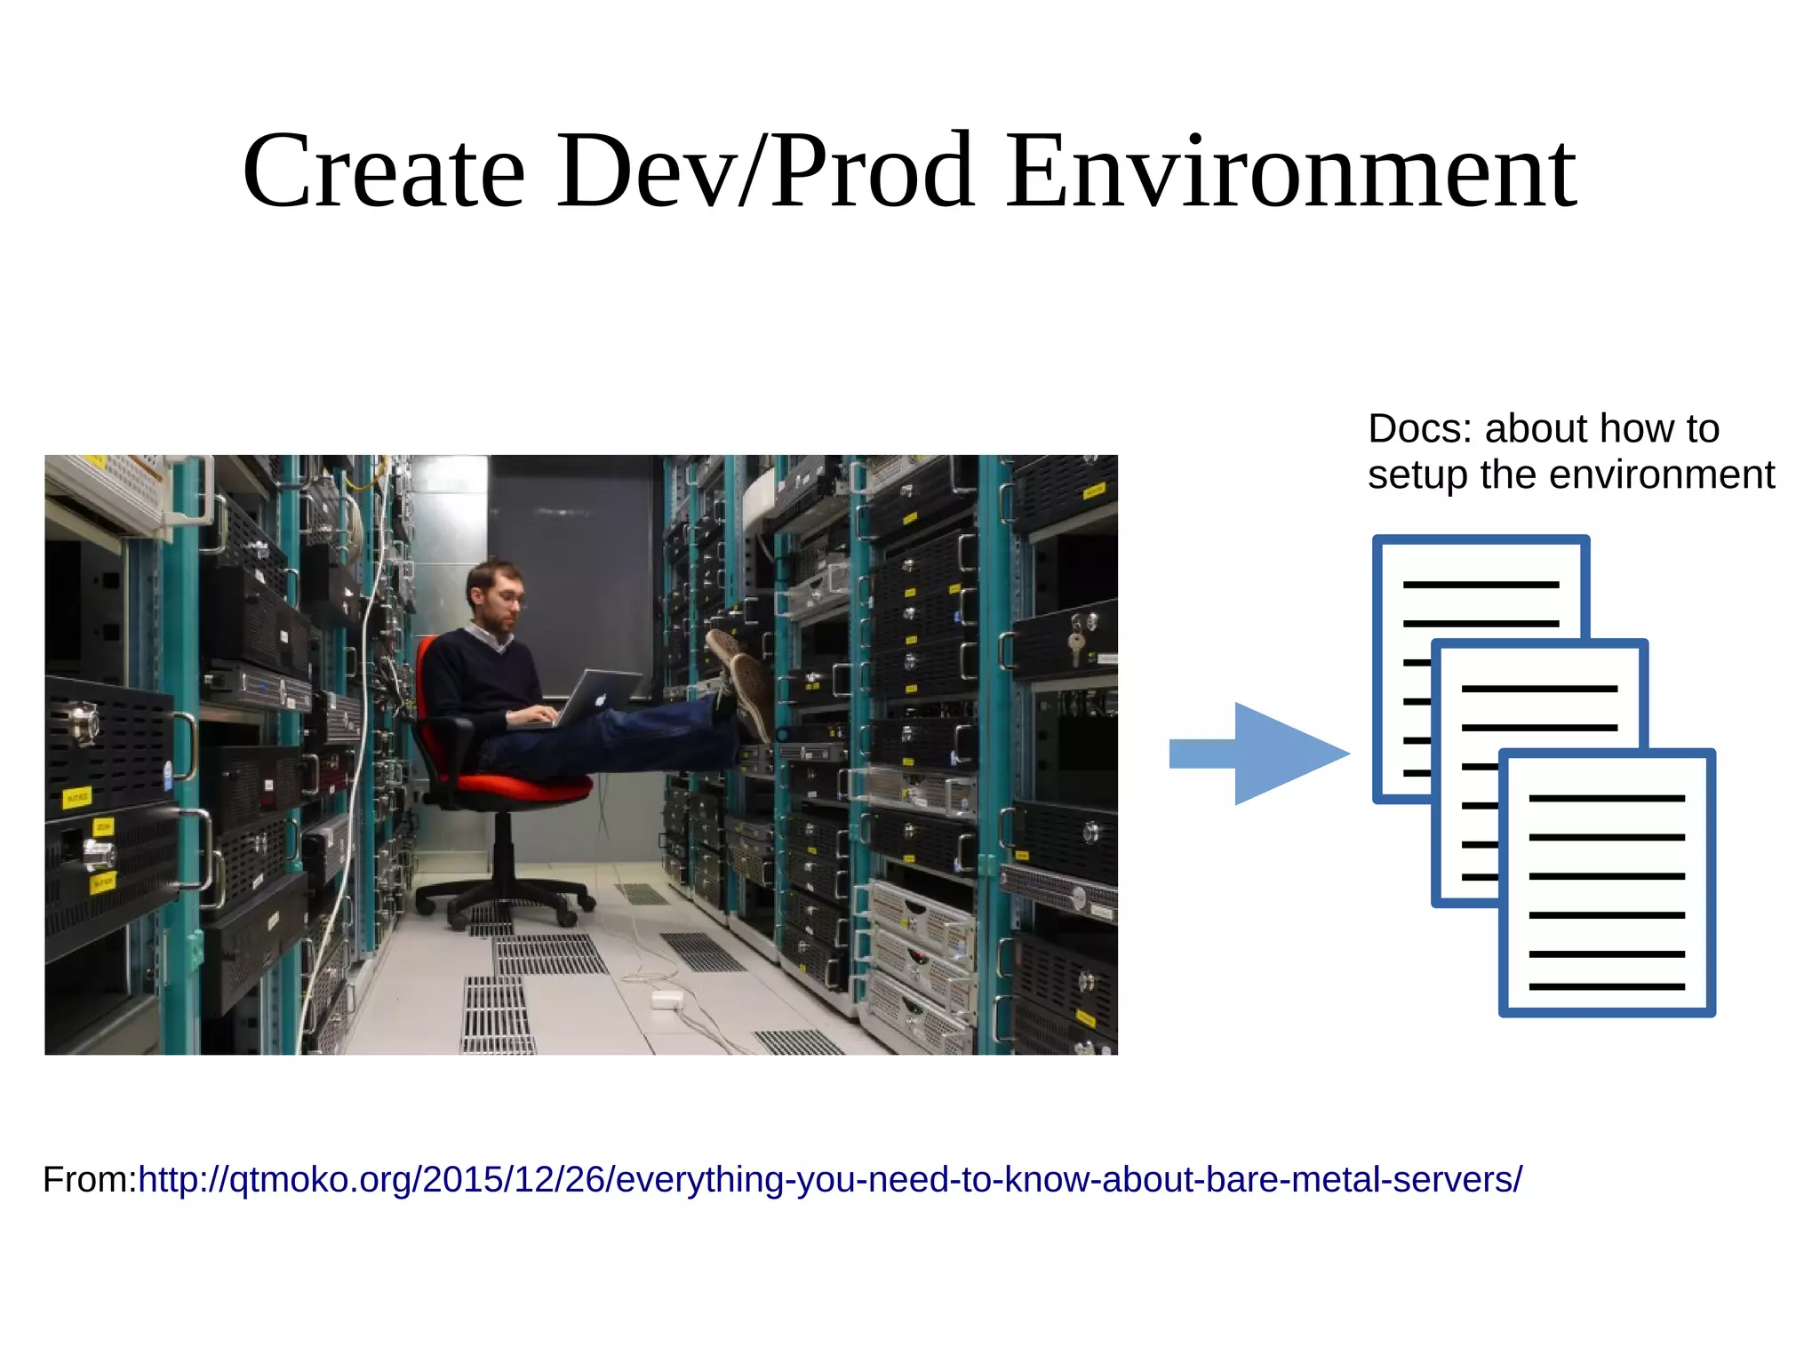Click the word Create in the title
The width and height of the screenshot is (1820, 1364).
click(384, 171)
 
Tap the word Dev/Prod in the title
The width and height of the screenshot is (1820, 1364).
click(765, 171)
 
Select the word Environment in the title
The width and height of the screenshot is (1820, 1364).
click(1291, 171)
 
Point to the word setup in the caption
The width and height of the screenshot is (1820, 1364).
click(1418, 475)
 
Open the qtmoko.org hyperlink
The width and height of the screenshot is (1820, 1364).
click(830, 1180)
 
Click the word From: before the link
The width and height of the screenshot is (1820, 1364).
click(90, 1180)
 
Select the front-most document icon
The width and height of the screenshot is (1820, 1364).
click(1607, 882)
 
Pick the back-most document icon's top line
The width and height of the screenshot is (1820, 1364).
click(1481, 585)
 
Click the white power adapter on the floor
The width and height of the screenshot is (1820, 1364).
click(667, 1000)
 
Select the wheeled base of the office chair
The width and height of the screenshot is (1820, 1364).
click(505, 897)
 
